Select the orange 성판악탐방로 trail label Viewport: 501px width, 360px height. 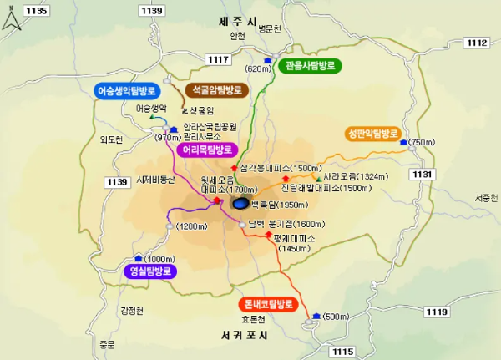[x=372, y=134]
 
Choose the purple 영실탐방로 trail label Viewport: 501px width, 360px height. [x=151, y=271]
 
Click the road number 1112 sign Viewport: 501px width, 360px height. [x=477, y=43]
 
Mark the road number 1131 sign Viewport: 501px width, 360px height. [x=423, y=174]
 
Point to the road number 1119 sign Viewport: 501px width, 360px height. [x=437, y=312]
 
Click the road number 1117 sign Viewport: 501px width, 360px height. [x=218, y=58]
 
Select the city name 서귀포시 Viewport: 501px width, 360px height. [x=244, y=336]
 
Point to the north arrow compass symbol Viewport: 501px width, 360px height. [x=10, y=17]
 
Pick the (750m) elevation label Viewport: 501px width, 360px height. [x=423, y=144]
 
